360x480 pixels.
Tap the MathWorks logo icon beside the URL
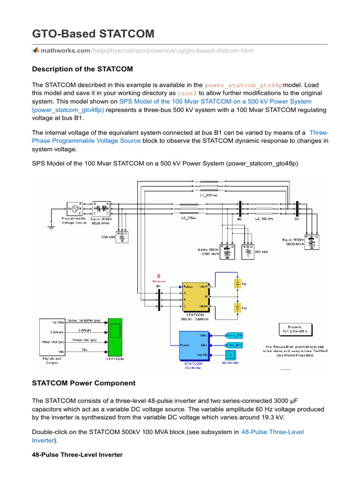[x=36, y=50]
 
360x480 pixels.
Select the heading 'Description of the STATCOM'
[x=82, y=69]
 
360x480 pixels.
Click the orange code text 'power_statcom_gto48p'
[x=244, y=85]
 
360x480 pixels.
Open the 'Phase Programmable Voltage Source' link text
[x=86, y=141]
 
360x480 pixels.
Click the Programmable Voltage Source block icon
[x=73, y=208]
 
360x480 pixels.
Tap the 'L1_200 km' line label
[x=209, y=195]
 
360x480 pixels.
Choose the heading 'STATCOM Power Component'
[x=83, y=383]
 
